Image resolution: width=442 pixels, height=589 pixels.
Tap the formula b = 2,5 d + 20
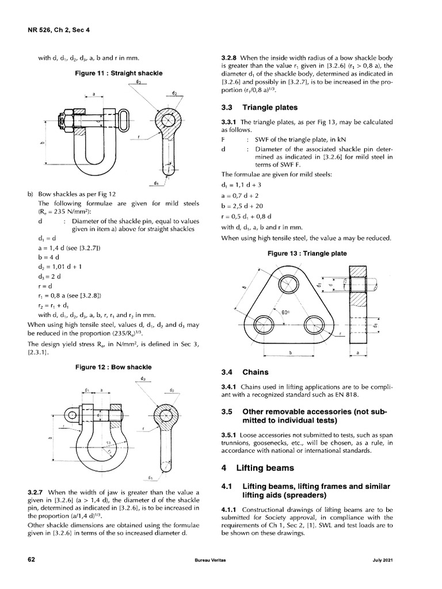tap(243, 205)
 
